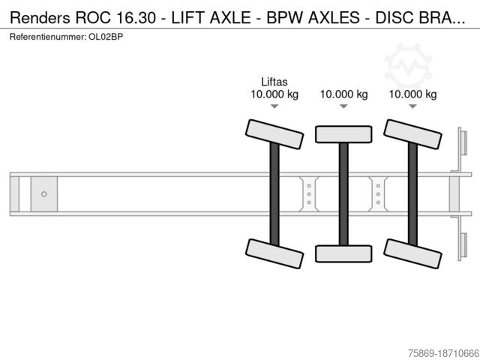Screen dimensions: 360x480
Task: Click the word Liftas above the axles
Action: (x=274, y=82)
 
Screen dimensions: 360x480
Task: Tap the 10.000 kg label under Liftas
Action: (x=274, y=94)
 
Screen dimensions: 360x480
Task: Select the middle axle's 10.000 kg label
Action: (x=343, y=94)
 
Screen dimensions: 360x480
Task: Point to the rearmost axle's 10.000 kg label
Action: (x=412, y=94)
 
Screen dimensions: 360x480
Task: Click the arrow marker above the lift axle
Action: (x=274, y=106)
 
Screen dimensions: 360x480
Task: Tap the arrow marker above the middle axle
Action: (x=343, y=106)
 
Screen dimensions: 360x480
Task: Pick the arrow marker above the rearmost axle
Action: (x=412, y=106)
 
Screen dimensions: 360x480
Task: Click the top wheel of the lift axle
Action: (x=274, y=133)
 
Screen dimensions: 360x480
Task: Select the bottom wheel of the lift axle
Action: (x=274, y=253)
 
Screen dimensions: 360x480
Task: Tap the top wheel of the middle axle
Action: (x=343, y=134)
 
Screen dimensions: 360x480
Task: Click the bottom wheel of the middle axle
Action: (x=343, y=253)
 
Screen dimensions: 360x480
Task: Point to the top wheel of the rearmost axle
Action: (x=412, y=133)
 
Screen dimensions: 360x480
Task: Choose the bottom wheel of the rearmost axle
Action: (x=412, y=253)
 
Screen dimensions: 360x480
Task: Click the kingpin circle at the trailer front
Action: (x=44, y=194)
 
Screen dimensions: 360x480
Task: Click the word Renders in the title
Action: (x=34, y=18)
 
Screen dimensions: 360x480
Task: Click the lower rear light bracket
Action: (x=463, y=247)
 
